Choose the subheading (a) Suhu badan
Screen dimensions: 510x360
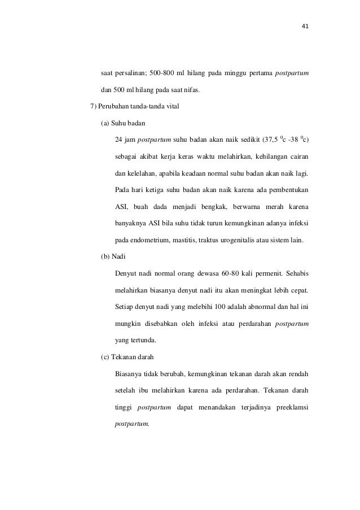pos(122,124)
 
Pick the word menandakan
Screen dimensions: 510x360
pos(212,407)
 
